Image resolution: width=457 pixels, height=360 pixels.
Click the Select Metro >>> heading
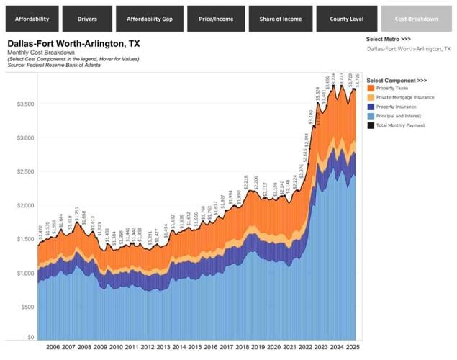[388, 38]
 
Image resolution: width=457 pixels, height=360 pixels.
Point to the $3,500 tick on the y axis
[25, 104]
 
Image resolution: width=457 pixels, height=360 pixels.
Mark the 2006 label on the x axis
[53, 347]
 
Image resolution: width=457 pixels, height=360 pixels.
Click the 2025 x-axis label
[353, 347]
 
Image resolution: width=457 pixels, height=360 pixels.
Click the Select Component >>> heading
[397, 80]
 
